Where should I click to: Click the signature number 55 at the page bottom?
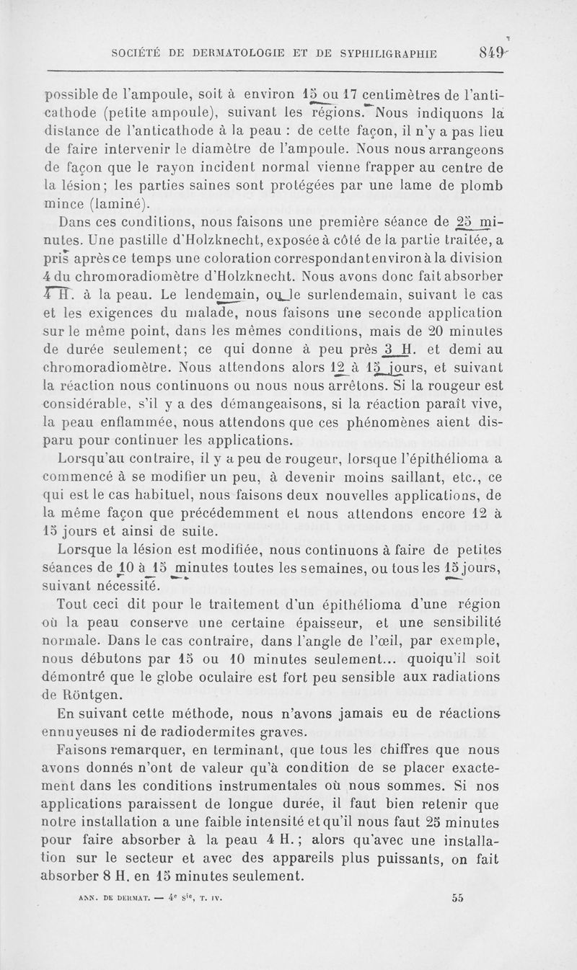click(457, 899)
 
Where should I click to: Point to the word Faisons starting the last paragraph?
click(91, 753)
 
